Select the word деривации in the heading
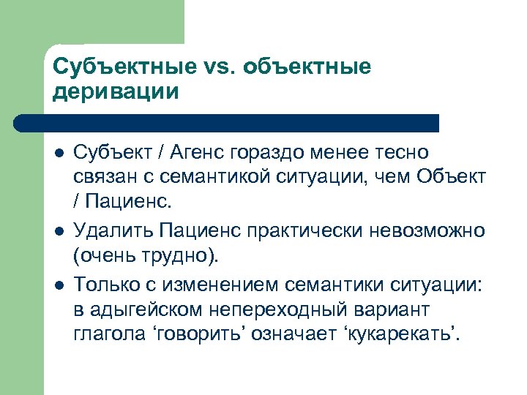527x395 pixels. [x=116, y=92]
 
